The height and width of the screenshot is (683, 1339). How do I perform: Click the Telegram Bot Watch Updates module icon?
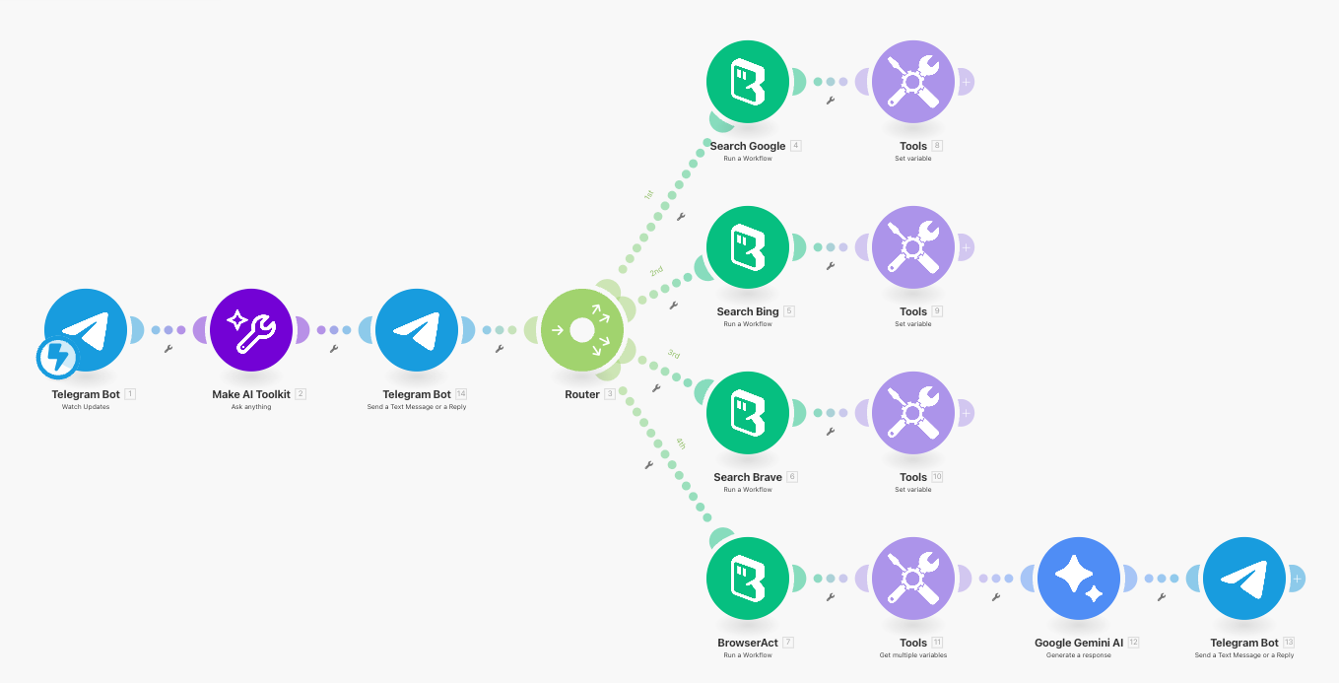click(86, 330)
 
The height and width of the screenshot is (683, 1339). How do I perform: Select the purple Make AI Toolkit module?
click(251, 330)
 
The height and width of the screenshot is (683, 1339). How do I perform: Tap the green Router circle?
click(582, 330)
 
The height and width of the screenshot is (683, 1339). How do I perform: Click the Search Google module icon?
click(748, 82)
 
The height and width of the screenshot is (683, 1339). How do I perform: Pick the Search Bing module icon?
click(748, 247)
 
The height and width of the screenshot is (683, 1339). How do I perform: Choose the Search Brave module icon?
click(748, 413)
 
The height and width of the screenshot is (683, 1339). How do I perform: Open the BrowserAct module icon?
click(748, 579)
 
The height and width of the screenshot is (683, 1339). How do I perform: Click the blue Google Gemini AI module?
click(1079, 579)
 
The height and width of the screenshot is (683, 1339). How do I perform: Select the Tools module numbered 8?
click(913, 82)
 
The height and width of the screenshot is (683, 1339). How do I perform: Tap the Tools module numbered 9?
click(913, 247)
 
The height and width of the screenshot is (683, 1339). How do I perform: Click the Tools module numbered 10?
click(913, 413)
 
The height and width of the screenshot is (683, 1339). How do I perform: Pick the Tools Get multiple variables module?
click(913, 579)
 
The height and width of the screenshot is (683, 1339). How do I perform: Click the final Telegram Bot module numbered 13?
click(1244, 579)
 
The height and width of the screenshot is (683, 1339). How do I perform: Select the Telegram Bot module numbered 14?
click(417, 330)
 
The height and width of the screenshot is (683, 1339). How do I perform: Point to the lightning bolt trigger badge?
click(57, 359)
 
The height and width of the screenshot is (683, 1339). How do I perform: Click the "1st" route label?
click(648, 195)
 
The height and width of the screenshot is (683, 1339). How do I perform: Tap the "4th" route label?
click(680, 444)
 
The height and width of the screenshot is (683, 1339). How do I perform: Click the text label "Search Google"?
click(748, 146)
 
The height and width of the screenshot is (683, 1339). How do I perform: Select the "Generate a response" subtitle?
click(1079, 655)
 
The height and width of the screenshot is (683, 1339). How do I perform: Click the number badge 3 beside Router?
click(610, 394)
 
